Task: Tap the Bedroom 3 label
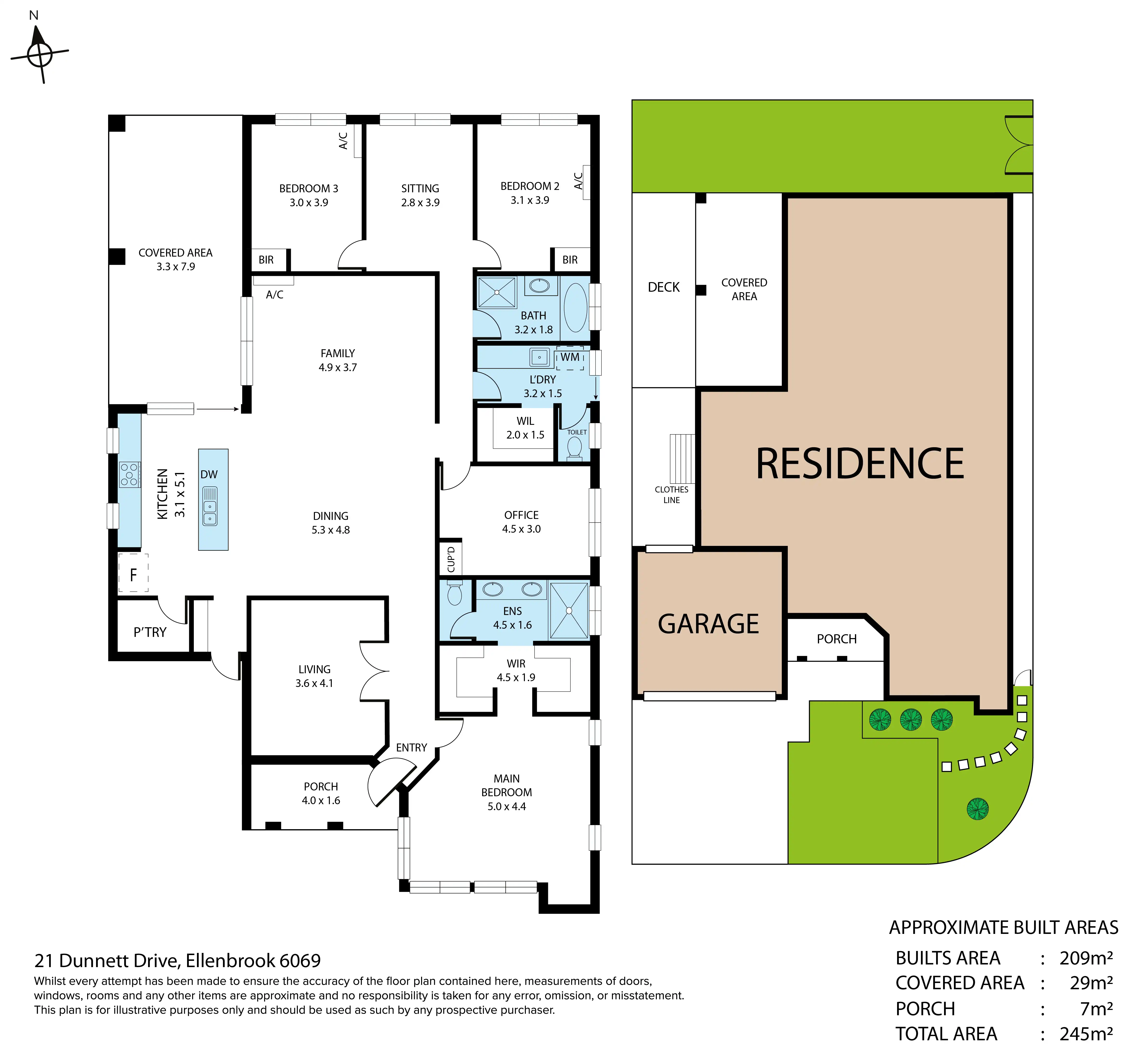coord(309,188)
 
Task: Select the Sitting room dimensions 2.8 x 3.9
coord(420,202)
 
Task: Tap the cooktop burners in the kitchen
coord(130,474)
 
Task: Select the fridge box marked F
coord(133,573)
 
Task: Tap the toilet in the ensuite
coord(455,593)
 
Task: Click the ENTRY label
coord(411,748)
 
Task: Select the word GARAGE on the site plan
coord(709,624)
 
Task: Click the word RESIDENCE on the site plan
coord(860,464)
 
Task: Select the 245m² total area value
coord(1086,1034)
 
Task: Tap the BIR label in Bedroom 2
coord(570,259)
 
